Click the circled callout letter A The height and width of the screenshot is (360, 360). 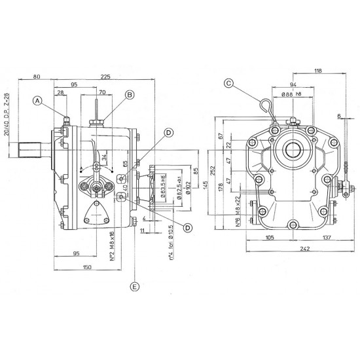point(38,100)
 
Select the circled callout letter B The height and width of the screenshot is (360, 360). point(129,95)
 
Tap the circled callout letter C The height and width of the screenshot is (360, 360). point(228,83)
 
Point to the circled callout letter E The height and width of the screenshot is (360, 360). point(135,287)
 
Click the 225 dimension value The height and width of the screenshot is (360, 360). point(104,77)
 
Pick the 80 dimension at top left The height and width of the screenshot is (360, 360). point(35,77)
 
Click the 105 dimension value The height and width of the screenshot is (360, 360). point(270,238)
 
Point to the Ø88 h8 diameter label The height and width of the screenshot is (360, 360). point(293,96)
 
